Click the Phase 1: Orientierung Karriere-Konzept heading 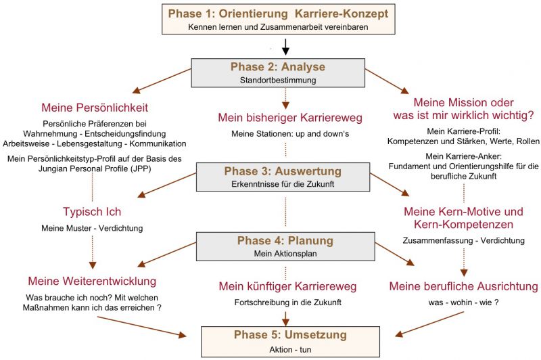click(x=278, y=14)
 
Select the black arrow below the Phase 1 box click(x=285, y=47)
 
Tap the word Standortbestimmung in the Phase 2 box click(x=278, y=80)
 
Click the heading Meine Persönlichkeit click(x=95, y=108)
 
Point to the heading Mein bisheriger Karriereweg click(x=290, y=118)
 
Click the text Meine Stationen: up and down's click(x=290, y=133)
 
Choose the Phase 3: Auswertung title click(x=283, y=171)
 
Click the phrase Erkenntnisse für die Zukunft click(x=283, y=184)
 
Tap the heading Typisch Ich click(x=92, y=212)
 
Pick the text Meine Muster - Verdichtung click(x=92, y=228)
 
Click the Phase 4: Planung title click(x=285, y=240)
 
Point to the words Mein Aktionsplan click(x=285, y=253)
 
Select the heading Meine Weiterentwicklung click(x=92, y=281)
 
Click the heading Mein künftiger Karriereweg click(x=288, y=286)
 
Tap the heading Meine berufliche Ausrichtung click(x=464, y=286)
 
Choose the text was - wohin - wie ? click(x=464, y=302)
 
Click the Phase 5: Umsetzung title click(x=290, y=334)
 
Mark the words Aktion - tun click(x=290, y=350)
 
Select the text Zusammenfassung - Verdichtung click(x=464, y=241)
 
